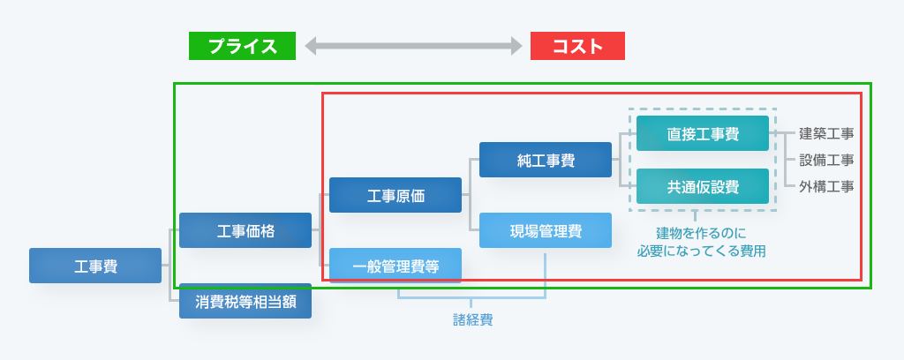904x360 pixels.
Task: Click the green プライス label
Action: coord(242,46)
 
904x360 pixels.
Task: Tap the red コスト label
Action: coord(577,46)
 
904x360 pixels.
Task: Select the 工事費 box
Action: coord(95,266)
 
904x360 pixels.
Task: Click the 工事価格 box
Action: coord(245,230)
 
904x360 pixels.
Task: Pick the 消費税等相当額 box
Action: coord(245,301)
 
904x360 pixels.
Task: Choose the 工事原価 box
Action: coord(395,195)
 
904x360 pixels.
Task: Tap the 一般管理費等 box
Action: coord(395,266)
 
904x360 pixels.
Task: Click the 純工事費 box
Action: coord(546,160)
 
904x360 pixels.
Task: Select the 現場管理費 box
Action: coord(546,230)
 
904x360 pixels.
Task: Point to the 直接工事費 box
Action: coord(703,133)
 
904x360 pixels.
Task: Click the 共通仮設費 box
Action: coord(703,186)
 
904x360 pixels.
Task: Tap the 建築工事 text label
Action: coord(826,133)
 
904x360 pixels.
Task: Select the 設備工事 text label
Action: coord(826,160)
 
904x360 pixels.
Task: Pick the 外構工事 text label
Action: coord(826,186)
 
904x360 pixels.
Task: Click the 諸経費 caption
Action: coord(472,319)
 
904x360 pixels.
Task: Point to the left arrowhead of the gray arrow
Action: coord(309,46)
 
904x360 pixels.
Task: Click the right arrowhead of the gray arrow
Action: coord(517,46)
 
